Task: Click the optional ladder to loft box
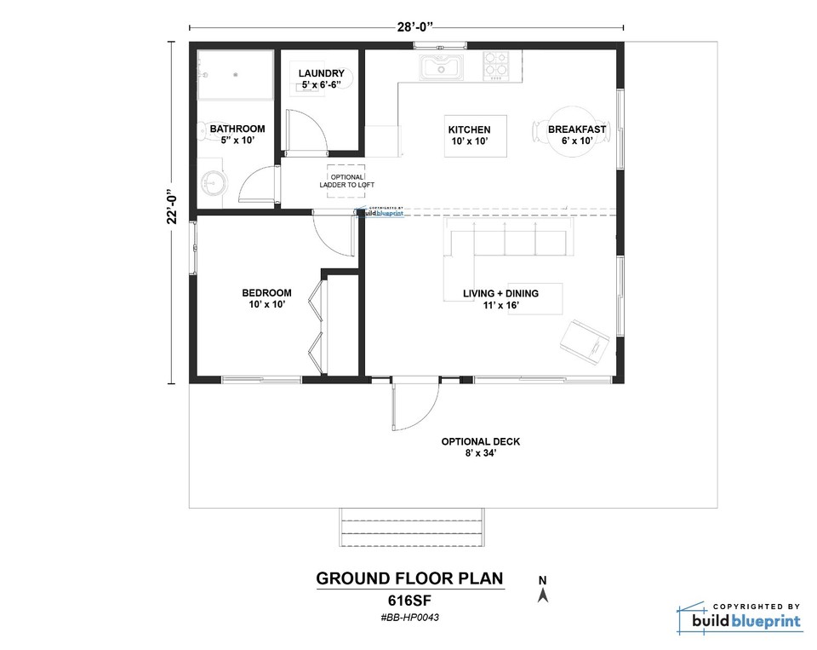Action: pyautogui.click(x=346, y=181)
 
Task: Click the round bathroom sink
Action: pyautogui.click(x=213, y=184)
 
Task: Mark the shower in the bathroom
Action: pyautogui.click(x=236, y=75)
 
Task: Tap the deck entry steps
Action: pyautogui.click(x=411, y=527)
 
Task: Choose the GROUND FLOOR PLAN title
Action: pyautogui.click(x=409, y=579)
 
